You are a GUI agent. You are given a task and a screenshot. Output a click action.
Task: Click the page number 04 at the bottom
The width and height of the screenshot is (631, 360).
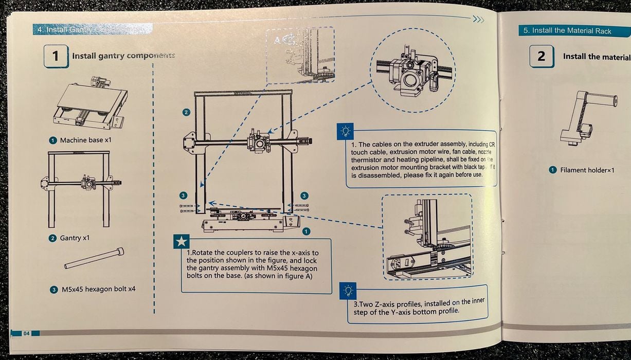(x=26, y=333)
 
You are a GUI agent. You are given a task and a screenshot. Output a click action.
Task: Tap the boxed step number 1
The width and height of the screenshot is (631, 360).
(x=55, y=56)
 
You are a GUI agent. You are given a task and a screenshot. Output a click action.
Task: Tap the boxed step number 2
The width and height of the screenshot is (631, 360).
(x=542, y=57)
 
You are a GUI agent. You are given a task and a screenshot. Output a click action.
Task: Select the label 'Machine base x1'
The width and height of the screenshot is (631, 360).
(x=84, y=140)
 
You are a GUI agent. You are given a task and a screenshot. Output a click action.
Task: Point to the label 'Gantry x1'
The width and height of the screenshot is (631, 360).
(x=75, y=238)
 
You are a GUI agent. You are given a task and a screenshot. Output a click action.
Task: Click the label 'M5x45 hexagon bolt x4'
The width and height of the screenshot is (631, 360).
(x=97, y=289)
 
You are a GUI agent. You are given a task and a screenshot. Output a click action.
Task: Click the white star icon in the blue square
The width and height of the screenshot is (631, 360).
(x=182, y=241)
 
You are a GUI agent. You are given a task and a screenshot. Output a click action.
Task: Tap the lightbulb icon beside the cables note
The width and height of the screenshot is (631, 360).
(x=344, y=132)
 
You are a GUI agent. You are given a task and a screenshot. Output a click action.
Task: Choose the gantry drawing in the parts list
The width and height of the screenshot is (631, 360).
(x=81, y=188)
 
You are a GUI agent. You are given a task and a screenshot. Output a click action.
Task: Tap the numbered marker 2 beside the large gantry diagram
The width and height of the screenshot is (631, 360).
(x=186, y=112)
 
